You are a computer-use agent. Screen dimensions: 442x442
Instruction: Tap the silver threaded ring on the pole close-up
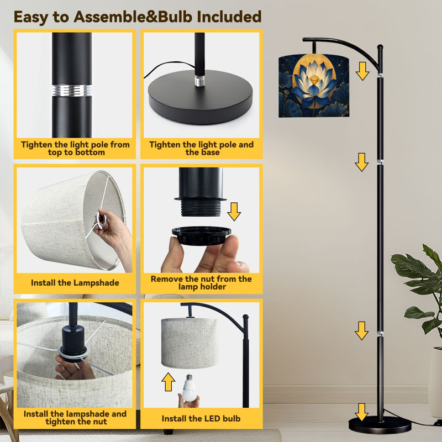tap(72, 90)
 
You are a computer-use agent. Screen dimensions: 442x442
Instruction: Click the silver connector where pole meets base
tap(199, 81)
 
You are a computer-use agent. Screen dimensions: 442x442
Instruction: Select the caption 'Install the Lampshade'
tap(75, 283)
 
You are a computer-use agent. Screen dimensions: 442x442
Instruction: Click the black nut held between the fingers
tap(201, 235)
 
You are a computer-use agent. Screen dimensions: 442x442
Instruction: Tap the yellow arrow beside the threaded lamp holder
tap(234, 212)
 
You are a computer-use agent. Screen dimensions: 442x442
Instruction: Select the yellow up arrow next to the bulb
tap(169, 382)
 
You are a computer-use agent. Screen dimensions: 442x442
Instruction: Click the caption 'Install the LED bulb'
tap(201, 419)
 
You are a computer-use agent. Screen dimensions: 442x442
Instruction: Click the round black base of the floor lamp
tap(380, 425)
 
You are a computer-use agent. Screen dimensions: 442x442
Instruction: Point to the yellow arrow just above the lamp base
tap(361, 412)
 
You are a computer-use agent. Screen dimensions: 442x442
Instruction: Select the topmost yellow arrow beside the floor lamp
tap(362, 71)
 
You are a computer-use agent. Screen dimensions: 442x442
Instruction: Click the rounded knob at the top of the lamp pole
tap(380, 48)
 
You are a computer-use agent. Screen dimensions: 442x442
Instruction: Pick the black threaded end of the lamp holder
tap(201, 208)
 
